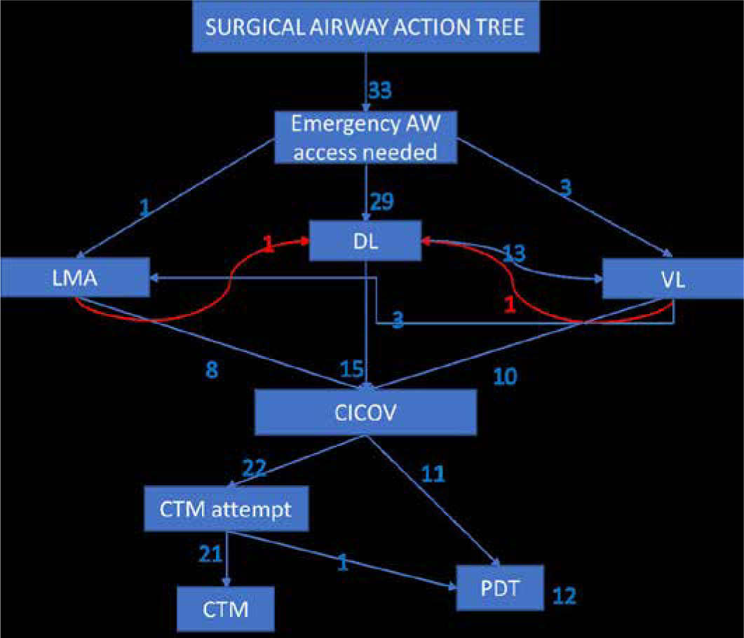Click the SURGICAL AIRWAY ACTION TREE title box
coord(365,29)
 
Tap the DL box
coord(365,240)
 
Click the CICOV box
coord(365,412)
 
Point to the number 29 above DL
coord(383,202)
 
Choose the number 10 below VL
coord(506,376)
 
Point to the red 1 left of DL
coord(267,243)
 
